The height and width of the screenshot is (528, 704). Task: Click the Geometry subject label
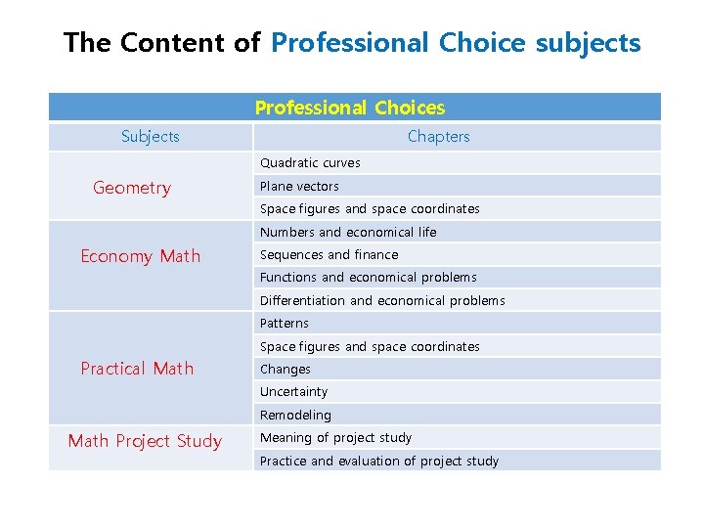132,188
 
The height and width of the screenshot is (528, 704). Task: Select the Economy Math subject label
140,256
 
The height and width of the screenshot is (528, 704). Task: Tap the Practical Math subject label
137,369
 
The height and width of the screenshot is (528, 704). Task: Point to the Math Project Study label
145,441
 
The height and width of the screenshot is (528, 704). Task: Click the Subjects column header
151,137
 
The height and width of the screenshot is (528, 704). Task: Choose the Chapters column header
438,137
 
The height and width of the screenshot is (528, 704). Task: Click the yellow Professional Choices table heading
350,108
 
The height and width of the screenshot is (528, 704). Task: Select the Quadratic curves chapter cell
310,163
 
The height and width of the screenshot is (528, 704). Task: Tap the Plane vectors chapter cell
299,186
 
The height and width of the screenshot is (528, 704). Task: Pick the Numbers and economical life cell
348,232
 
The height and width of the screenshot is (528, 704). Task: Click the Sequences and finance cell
329,254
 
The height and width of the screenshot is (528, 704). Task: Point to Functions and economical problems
368,278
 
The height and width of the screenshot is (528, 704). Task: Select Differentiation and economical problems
382,300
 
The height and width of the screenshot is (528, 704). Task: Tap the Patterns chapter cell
284,324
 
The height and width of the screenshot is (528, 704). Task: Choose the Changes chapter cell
285,370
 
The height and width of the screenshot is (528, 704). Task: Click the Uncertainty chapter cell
293,392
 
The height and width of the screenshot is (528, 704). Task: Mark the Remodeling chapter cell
295,416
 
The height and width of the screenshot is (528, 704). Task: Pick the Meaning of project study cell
335,438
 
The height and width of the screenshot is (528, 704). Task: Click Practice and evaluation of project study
378,461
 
